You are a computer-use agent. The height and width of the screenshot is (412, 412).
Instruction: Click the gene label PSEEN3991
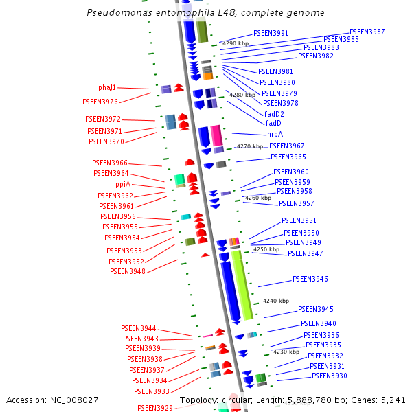point(271,33)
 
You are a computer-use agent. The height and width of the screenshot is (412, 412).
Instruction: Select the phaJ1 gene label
point(107,88)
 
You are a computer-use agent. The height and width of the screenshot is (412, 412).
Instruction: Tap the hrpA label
point(275,135)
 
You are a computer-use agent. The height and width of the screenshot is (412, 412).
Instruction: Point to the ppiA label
point(123,185)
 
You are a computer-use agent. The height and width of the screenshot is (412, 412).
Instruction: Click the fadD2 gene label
point(274,114)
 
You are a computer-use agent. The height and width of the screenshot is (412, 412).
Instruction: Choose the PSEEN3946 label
point(310,279)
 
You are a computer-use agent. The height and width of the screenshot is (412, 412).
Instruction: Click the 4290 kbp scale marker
point(235,43)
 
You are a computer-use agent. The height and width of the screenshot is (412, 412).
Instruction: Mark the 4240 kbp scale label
point(276,301)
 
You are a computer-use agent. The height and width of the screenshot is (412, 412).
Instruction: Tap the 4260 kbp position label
point(258,198)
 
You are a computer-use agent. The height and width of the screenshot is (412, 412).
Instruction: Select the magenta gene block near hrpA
point(216,135)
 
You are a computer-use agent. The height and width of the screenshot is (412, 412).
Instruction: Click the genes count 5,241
point(394,400)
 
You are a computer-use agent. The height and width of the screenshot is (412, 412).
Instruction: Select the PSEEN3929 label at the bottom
point(155,408)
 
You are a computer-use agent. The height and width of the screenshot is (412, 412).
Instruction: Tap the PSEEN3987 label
point(367,32)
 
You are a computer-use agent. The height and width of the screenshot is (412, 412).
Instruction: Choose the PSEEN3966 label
point(110,163)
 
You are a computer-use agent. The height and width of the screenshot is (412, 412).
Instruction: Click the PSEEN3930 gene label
point(330,376)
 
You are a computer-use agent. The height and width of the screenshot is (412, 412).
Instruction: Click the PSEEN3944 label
point(139,328)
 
